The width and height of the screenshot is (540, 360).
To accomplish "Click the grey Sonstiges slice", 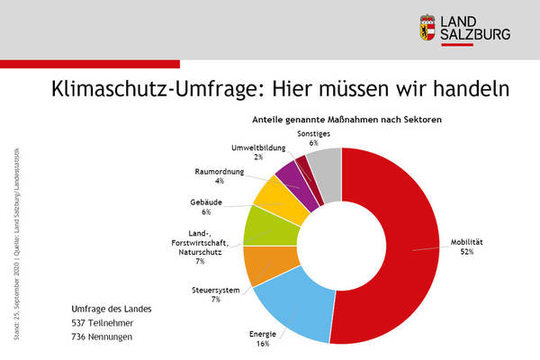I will point(326,163).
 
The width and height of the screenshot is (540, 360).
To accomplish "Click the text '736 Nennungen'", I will point(103,337).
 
